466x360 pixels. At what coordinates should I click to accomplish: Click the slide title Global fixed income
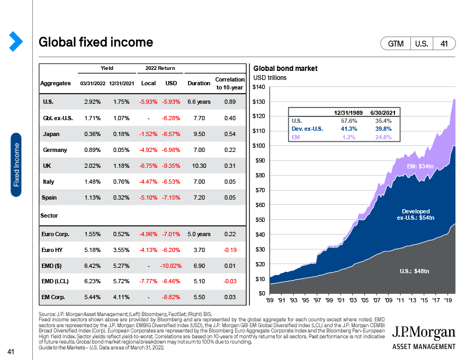coord(96,42)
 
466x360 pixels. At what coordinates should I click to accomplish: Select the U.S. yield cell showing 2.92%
coord(93,101)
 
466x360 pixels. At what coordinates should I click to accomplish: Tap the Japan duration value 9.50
coord(199,134)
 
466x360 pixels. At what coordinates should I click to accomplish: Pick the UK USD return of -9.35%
coord(172,166)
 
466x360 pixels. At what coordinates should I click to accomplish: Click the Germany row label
coord(55,150)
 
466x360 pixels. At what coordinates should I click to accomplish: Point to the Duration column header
coord(199,83)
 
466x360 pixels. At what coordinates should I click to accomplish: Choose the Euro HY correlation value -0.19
coord(230,250)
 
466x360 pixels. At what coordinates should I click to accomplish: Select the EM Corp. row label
coord(53,298)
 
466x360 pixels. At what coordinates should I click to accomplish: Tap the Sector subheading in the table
coord(49,216)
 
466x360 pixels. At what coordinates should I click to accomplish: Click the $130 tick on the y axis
coord(258,102)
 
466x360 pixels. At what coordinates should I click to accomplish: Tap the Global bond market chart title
coord(285,69)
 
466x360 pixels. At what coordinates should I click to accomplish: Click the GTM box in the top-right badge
coord(396,44)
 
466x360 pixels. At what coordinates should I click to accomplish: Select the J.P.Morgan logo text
coord(424,332)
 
